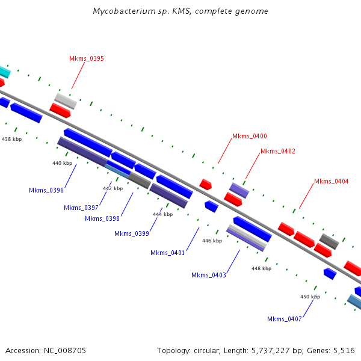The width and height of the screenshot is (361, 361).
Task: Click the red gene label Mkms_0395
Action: pos(86,58)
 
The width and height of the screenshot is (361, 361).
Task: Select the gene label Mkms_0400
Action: pos(250,137)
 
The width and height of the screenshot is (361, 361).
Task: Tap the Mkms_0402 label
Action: pos(278,151)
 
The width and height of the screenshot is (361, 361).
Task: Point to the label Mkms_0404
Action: pos(332,181)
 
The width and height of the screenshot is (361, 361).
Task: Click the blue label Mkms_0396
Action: pos(46,190)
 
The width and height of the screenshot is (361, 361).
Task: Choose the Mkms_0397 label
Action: pos(81,208)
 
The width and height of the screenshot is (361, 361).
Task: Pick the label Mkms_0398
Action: pos(102,218)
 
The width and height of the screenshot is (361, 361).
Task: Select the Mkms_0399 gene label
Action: pos(131,233)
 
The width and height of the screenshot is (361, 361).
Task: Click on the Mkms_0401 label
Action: pos(167,253)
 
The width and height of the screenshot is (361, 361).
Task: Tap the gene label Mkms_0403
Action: pos(209,275)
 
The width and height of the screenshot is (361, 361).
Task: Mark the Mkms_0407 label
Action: pos(285,319)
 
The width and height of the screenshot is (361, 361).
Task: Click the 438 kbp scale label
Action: pos(11,139)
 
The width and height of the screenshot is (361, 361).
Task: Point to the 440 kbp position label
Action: pos(62,163)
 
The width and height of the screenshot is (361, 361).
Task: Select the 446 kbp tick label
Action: pos(212,241)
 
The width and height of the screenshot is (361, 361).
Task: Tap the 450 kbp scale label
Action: pos(310,297)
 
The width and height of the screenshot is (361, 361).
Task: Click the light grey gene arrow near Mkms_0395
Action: pos(66,100)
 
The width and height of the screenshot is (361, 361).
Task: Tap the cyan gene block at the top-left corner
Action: pos(4,72)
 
